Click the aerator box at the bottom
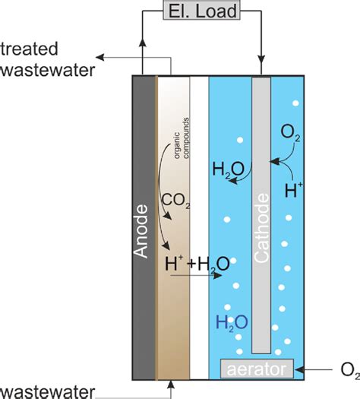point(256,369)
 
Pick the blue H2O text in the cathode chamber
point(231,323)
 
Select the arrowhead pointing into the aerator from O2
point(298,369)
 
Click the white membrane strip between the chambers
point(198,228)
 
